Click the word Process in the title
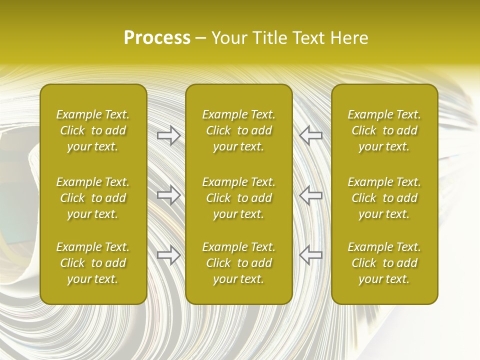coord(157,38)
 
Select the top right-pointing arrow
coord(168,135)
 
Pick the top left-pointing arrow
coord(310,135)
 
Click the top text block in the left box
coord(93,130)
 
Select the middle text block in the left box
coord(93,198)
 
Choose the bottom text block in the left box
coord(93,263)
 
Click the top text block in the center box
coord(239,130)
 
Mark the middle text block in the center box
coord(239,198)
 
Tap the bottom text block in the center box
coord(239,263)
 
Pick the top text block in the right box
coord(384,130)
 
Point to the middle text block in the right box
coord(384,198)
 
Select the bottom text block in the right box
coord(384,263)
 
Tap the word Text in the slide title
coord(308,38)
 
